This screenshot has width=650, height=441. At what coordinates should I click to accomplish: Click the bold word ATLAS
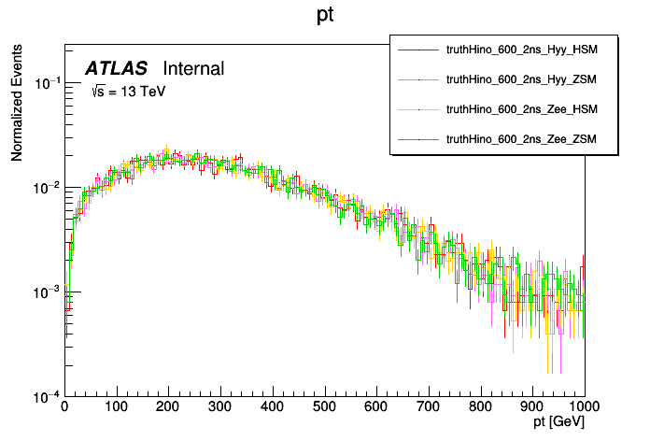[x=116, y=68]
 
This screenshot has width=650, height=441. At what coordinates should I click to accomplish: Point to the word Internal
[x=193, y=68]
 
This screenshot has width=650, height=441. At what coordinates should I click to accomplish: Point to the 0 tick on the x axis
[x=64, y=407]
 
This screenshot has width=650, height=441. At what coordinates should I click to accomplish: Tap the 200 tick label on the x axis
[x=168, y=407]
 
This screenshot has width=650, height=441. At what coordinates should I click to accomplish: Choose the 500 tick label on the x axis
[x=324, y=407]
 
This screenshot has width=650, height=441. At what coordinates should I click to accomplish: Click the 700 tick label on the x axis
[x=429, y=407]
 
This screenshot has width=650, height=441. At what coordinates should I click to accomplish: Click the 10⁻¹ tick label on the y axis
[x=47, y=84]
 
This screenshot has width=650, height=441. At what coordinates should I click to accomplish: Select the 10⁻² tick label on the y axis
[x=47, y=189]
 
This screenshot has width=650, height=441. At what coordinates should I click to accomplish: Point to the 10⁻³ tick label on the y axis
[x=47, y=292]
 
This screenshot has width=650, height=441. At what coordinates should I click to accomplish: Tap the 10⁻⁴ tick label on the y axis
[x=47, y=396]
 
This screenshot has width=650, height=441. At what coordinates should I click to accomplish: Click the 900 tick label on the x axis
[x=532, y=407]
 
